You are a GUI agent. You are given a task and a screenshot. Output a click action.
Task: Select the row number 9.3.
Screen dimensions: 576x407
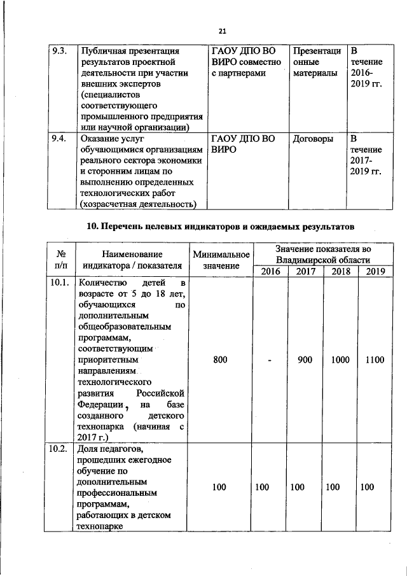pyautogui.click(x=59, y=51)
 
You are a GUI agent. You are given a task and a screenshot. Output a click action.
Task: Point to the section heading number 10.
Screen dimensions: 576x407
pyautogui.click(x=92, y=226)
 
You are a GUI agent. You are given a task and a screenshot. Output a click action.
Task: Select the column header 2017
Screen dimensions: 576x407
pyautogui.click(x=305, y=271)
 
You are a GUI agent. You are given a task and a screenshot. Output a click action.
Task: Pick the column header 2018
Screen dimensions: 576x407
pyautogui.click(x=340, y=271)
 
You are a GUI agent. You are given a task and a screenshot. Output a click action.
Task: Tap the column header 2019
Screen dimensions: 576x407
pyautogui.click(x=375, y=271)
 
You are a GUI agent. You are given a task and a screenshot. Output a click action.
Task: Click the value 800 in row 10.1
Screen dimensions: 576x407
pyautogui.click(x=220, y=360)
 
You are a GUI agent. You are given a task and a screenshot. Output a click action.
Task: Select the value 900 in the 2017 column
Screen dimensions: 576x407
pyautogui.click(x=305, y=360)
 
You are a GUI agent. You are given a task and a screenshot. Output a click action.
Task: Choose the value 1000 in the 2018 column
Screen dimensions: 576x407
pyautogui.click(x=340, y=360)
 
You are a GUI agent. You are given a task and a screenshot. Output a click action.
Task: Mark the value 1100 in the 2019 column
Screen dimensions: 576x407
pyautogui.click(x=375, y=360)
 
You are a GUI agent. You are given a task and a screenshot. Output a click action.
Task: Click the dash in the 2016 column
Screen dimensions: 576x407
pyautogui.click(x=270, y=361)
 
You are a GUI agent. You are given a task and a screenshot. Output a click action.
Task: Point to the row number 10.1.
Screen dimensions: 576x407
pyautogui.click(x=59, y=283)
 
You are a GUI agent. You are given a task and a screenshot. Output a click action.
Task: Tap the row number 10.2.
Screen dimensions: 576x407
pyautogui.click(x=59, y=451)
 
